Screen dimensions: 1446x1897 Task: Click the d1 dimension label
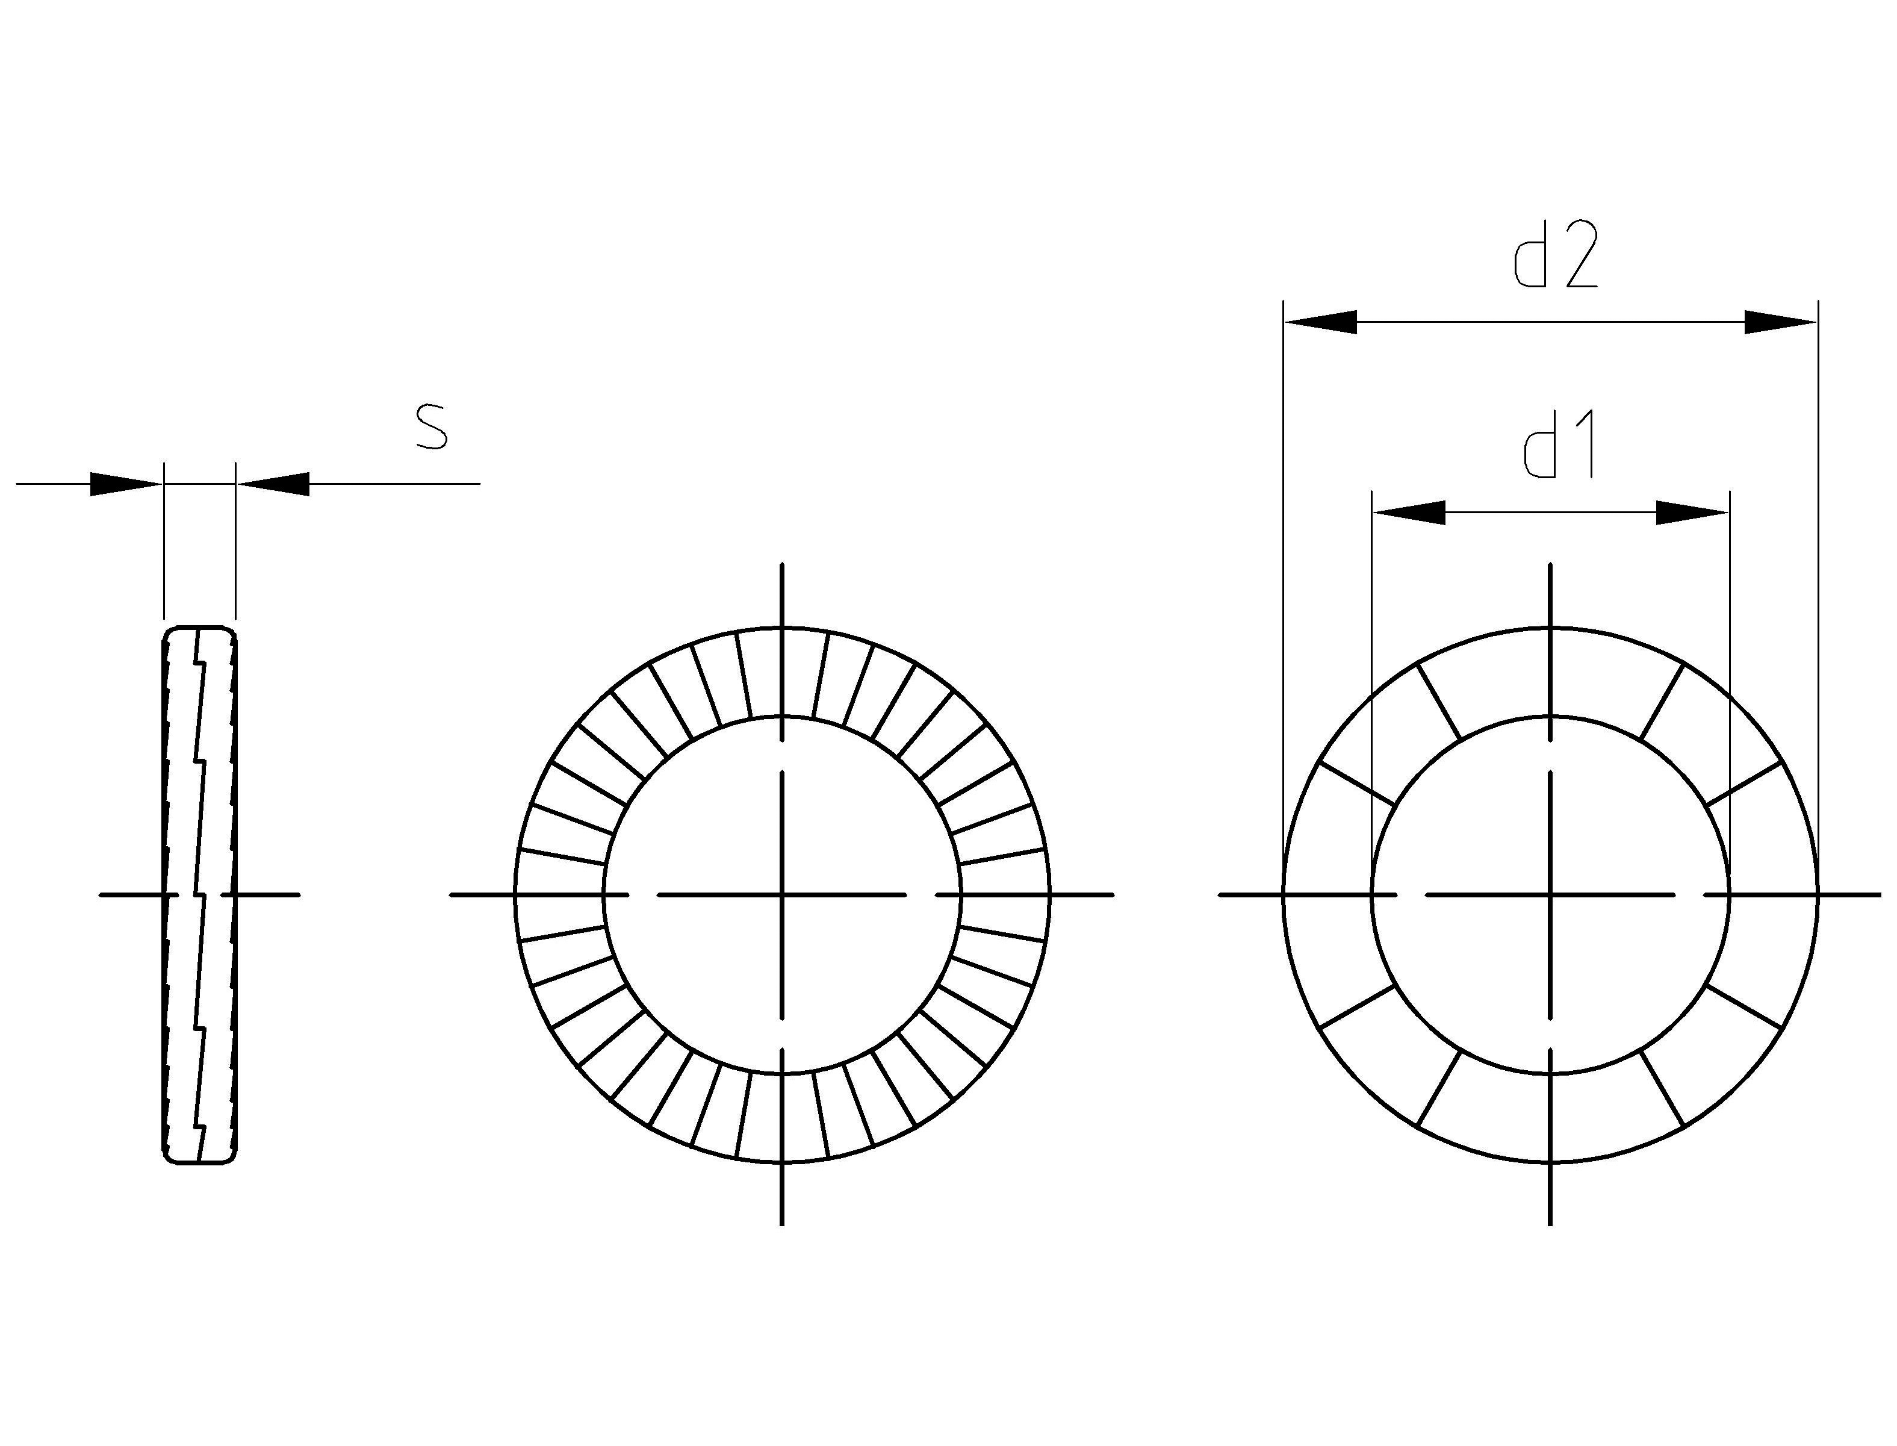click(x=1559, y=445)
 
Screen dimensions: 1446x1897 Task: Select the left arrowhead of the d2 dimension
click(x=1321, y=322)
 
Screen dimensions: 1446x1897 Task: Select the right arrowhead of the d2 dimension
click(x=1779, y=322)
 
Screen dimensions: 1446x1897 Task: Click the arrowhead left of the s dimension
click(x=125, y=484)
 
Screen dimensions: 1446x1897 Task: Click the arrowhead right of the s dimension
click(x=273, y=484)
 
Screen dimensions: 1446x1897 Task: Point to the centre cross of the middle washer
click(x=781, y=895)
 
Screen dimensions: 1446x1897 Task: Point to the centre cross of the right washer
click(x=1550, y=895)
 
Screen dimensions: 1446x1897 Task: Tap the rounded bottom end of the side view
click(x=199, y=1161)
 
